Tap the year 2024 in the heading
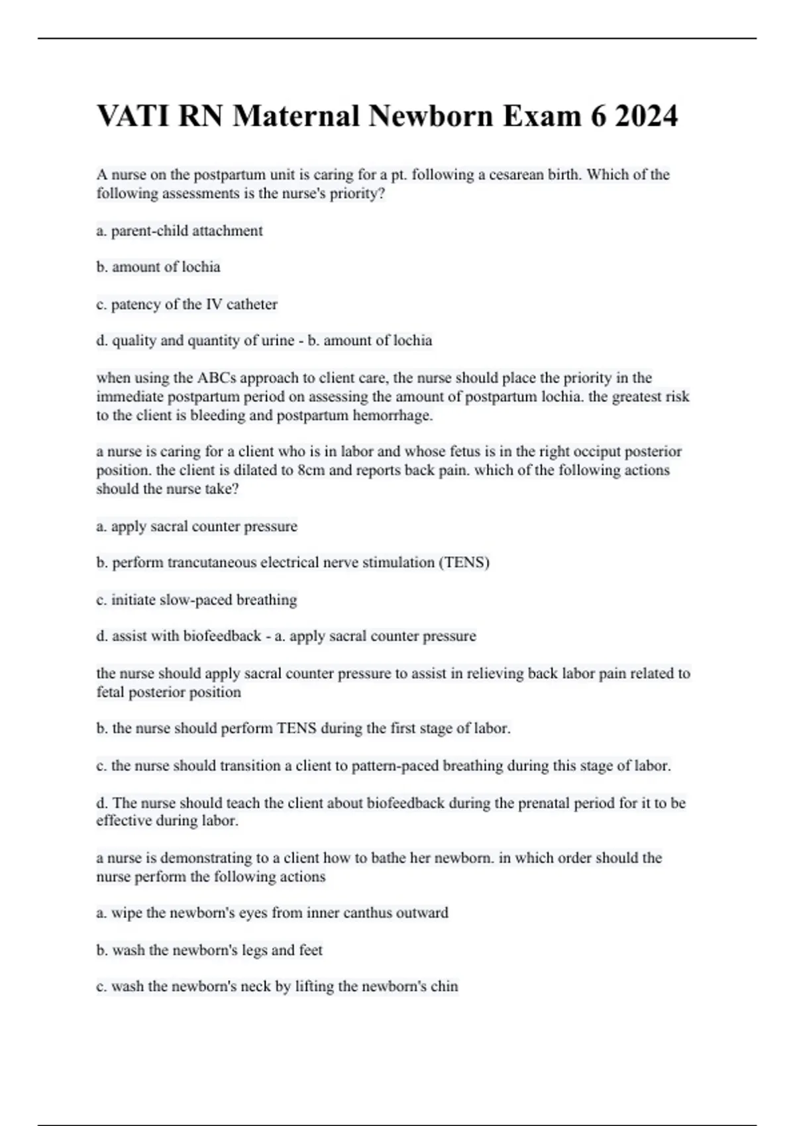click(646, 117)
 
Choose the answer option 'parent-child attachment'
click(187, 231)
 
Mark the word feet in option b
click(310, 950)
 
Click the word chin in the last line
click(444, 986)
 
